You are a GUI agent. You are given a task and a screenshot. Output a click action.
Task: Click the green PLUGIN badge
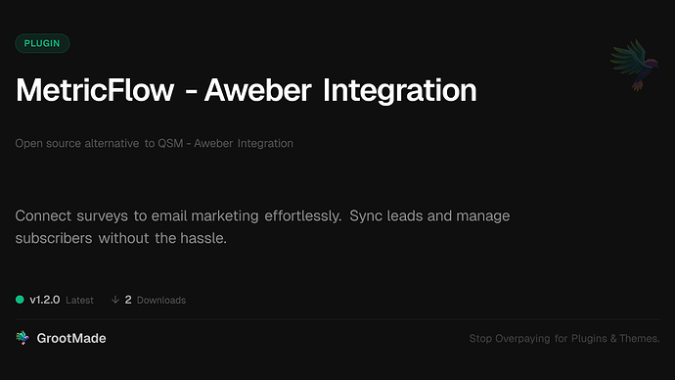click(42, 43)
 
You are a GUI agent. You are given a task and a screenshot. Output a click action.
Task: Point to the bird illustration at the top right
click(630, 66)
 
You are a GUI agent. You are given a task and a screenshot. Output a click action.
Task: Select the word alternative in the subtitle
click(109, 143)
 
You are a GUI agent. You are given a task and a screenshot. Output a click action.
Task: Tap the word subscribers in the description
click(54, 238)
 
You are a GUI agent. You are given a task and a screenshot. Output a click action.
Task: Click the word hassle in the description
click(202, 238)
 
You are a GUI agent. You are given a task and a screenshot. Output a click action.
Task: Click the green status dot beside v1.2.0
click(20, 300)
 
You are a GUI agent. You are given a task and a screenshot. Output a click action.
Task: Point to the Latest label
click(79, 301)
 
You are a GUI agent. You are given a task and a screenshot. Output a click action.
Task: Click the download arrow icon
click(115, 300)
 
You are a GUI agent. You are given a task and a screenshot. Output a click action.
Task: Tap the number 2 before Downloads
click(128, 300)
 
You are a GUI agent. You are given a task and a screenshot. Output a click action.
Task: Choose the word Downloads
click(161, 301)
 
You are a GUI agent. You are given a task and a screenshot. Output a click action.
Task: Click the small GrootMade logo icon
click(22, 338)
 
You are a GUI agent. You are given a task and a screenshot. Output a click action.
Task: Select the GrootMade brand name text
click(72, 338)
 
